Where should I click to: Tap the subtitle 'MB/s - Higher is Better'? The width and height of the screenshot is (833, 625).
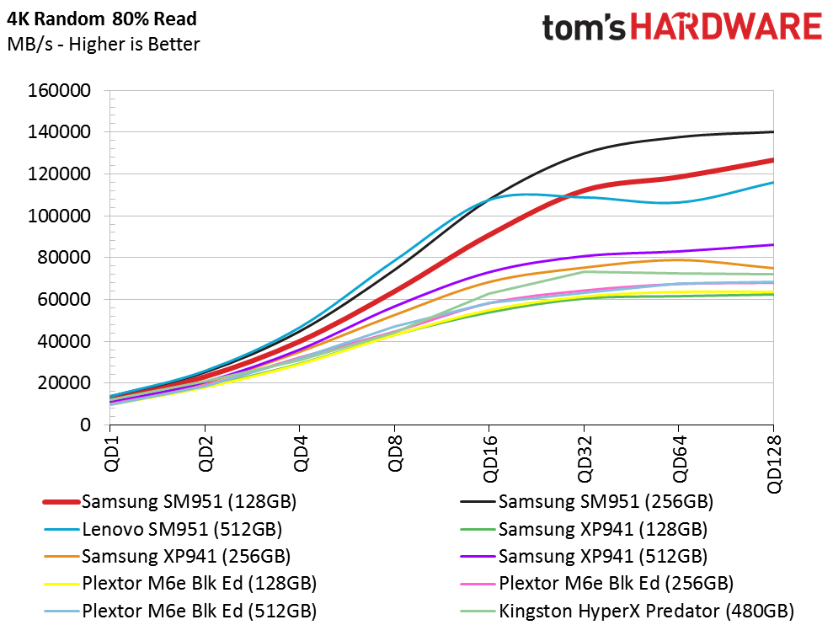104,44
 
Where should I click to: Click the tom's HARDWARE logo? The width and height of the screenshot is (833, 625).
681,27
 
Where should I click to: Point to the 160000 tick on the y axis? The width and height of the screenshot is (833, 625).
61,91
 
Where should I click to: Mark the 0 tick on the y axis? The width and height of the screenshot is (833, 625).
85,425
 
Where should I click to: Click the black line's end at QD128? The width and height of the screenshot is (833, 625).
772,131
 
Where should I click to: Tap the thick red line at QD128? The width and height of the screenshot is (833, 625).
772,160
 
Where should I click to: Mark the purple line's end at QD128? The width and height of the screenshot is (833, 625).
772,244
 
